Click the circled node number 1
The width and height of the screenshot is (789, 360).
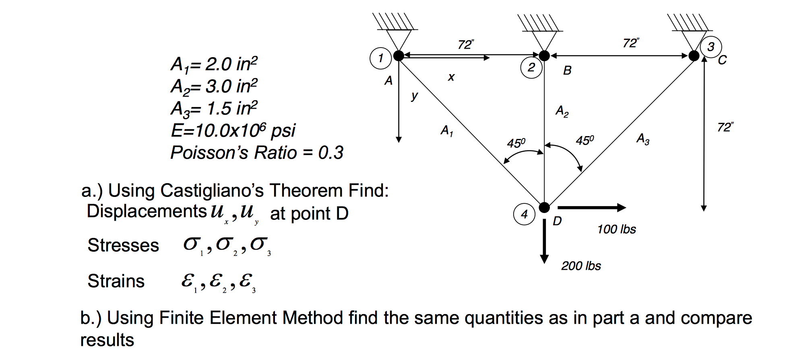pyautogui.click(x=380, y=58)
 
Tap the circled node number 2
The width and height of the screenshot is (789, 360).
pyautogui.click(x=531, y=68)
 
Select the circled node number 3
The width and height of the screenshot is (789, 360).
pyautogui.click(x=711, y=47)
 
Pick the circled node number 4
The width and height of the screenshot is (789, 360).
pyautogui.click(x=524, y=214)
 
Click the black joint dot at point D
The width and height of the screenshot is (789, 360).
pyautogui.click(x=544, y=207)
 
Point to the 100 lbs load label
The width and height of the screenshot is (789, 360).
pyautogui.click(x=616, y=230)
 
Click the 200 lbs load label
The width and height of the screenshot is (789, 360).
pyautogui.click(x=581, y=266)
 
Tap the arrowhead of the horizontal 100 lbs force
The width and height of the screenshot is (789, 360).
pyautogui.click(x=622, y=208)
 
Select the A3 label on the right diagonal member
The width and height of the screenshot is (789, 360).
pyautogui.click(x=643, y=139)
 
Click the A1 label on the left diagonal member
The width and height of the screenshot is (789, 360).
pyautogui.click(x=447, y=130)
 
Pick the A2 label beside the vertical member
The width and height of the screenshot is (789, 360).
pyautogui.click(x=562, y=111)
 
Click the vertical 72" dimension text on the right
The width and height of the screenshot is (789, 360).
pyautogui.click(x=725, y=127)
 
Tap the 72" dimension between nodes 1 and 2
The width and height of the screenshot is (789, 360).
pyautogui.click(x=466, y=44)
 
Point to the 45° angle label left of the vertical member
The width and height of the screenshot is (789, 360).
pyautogui.click(x=516, y=143)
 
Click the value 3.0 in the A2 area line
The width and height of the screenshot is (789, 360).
pyautogui.click(x=218, y=86)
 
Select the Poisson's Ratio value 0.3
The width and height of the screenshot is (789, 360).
pyautogui.click(x=330, y=153)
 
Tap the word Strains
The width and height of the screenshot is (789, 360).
pyautogui.click(x=116, y=281)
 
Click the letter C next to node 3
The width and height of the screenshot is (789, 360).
pyautogui.click(x=722, y=60)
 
